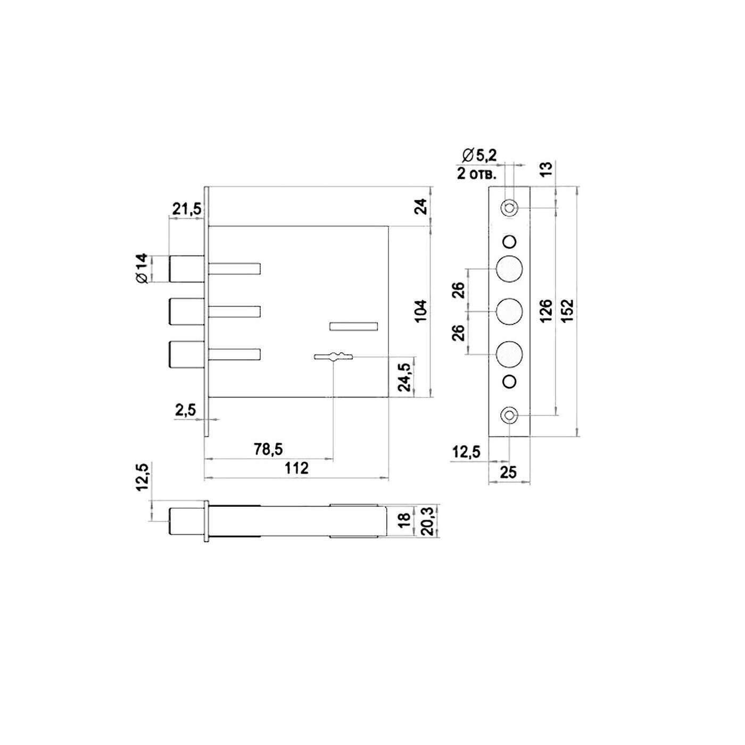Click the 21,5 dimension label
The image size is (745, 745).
[x=186, y=209]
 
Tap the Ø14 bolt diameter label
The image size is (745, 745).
[x=140, y=269]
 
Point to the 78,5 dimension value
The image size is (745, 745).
[x=268, y=450]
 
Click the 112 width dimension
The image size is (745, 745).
[x=296, y=468]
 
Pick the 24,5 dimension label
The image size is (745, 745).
[x=405, y=377]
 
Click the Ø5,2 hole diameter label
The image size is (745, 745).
[x=479, y=156]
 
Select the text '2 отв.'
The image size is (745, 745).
[x=477, y=173]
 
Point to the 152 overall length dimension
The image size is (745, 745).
[x=567, y=310]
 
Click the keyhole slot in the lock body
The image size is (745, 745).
[x=334, y=356]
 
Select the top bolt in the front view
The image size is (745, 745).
[x=186, y=269]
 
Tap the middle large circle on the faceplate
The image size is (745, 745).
[x=509, y=312]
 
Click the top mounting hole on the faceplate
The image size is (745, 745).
[x=509, y=208]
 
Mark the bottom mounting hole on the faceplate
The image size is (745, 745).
[x=509, y=415]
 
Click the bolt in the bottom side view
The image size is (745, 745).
[x=186, y=521]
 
